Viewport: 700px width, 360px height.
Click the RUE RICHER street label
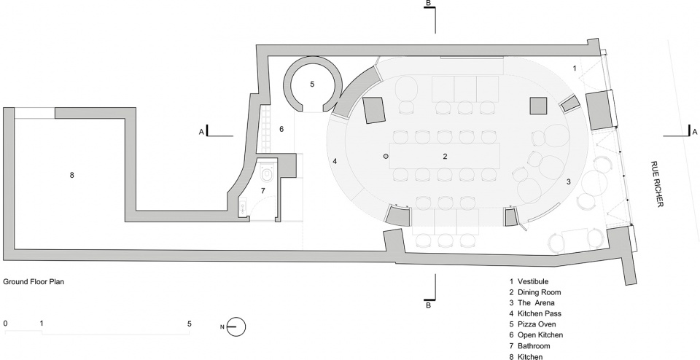(657, 184)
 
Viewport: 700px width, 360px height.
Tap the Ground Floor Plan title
(34, 282)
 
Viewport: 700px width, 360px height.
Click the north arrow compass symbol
(236, 326)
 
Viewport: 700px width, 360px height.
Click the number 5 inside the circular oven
(313, 84)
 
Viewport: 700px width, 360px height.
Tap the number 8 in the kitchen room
(72, 175)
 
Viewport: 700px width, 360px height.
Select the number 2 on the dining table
(445, 156)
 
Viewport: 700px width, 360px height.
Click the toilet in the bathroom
(268, 173)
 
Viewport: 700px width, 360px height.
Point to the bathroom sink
(243, 206)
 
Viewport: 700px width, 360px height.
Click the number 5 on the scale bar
(190, 324)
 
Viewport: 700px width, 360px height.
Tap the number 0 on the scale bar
(5, 324)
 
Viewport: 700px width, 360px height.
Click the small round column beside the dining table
(386, 156)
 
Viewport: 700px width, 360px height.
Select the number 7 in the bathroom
(263, 190)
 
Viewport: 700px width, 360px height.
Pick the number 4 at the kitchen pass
(335, 161)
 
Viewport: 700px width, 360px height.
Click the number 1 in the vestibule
(575, 69)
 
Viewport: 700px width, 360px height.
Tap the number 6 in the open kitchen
(281, 129)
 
